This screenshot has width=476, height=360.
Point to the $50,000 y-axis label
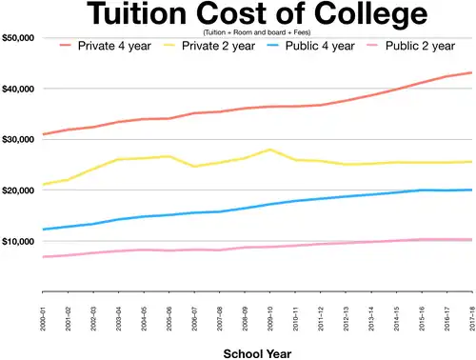pos(19,38)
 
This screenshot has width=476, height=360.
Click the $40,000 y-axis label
pos(19,89)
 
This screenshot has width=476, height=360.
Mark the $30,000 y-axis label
pos(19,139)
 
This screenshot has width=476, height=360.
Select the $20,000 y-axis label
pos(19,190)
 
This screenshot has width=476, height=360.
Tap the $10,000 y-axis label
pos(19,241)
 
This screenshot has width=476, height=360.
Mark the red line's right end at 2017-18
pos(471,72)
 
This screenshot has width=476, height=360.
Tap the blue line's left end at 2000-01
pos(44,230)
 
